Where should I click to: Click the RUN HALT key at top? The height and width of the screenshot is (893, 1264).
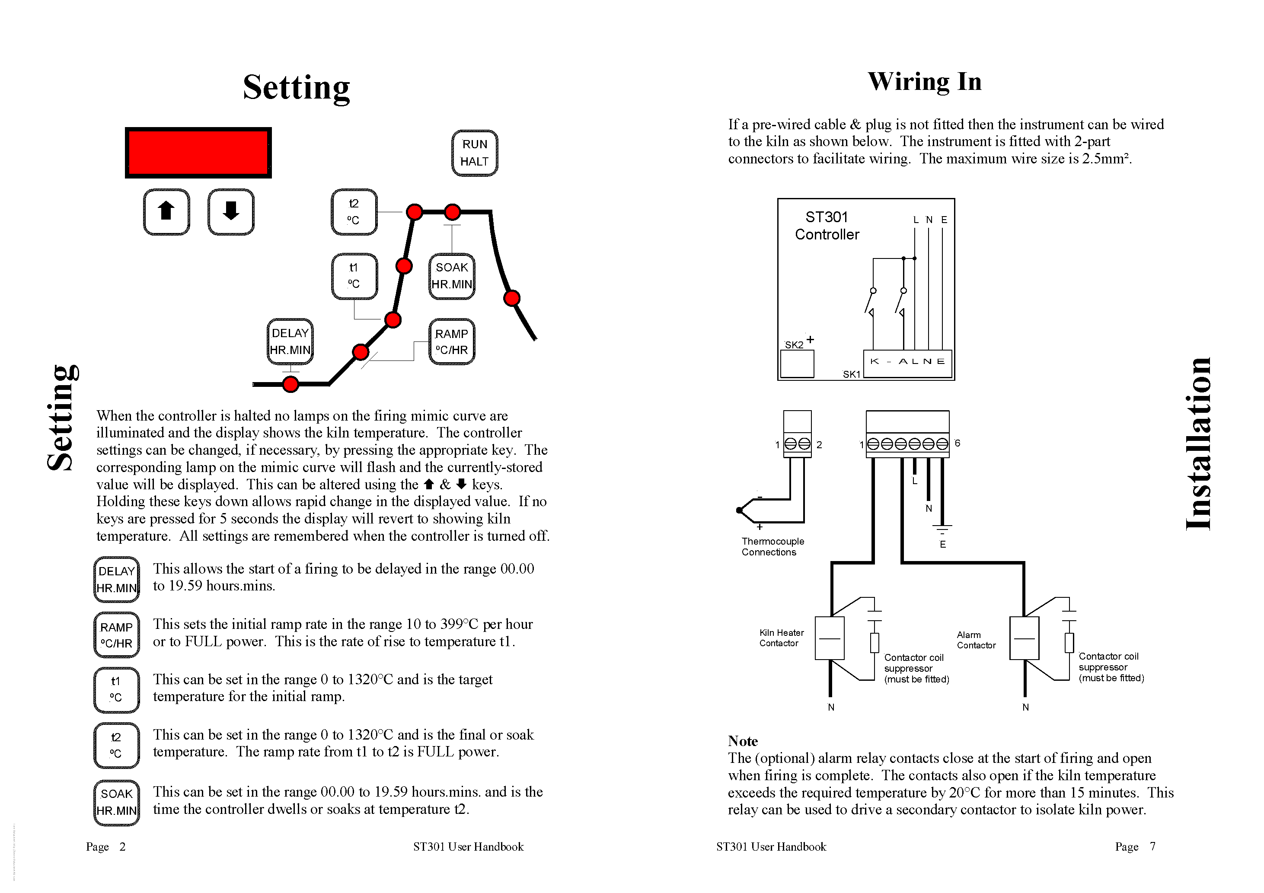[475, 153]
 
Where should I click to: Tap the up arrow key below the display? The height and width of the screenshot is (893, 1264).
[166, 212]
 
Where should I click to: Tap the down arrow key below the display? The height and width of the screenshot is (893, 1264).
[231, 212]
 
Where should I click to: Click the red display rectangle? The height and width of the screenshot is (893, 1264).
[198, 153]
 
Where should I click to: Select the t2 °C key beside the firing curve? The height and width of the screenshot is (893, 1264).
[354, 212]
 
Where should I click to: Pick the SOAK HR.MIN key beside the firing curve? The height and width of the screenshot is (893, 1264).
[451, 276]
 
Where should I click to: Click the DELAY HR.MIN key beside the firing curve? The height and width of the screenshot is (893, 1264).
[290, 341]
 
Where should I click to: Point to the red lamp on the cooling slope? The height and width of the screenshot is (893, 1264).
[511, 298]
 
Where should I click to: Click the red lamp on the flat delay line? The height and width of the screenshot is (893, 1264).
[290, 384]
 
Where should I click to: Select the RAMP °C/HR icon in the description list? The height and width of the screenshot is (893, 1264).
[116, 635]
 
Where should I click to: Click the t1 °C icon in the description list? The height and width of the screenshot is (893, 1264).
[116, 690]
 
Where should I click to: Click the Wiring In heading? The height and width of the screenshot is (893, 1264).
[924, 82]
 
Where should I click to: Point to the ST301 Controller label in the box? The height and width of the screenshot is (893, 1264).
[827, 226]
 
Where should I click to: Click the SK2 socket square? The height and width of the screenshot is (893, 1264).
[797, 364]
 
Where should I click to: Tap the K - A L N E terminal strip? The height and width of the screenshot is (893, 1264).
[907, 363]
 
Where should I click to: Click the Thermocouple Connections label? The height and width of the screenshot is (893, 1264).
[772, 547]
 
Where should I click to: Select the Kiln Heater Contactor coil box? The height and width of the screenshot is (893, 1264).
[829, 638]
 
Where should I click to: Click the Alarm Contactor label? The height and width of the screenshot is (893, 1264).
[976, 640]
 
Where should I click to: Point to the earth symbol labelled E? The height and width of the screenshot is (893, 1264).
[942, 530]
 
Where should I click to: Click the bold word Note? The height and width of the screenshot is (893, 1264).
[743, 741]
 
